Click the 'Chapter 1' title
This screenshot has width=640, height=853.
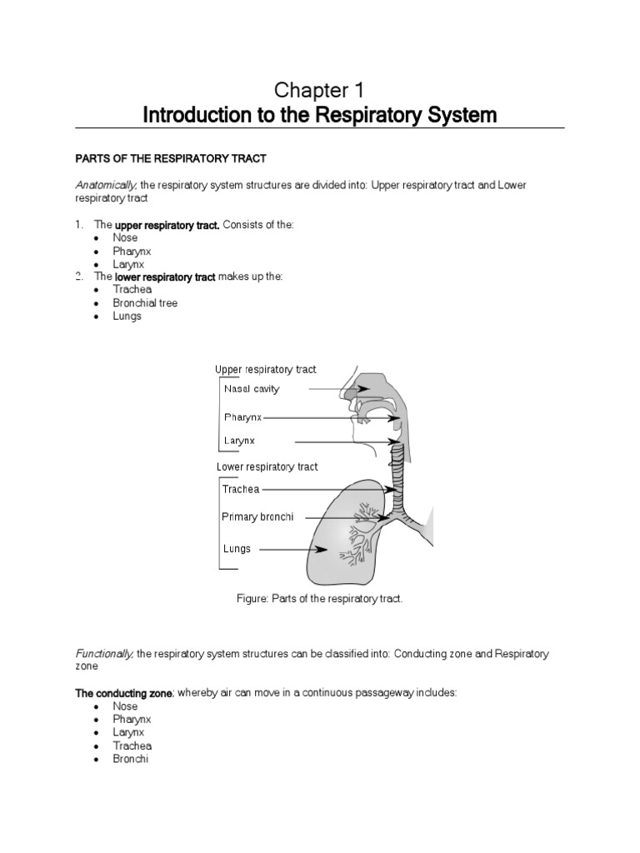pyautogui.click(x=320, y=89)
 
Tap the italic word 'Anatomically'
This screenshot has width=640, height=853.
pyautogui.click(x=107, y=184)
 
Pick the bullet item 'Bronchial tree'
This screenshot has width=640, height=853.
pyautogui.click(x=145, y=303)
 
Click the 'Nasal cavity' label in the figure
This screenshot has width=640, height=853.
pyautogui.click(x=252, y=389)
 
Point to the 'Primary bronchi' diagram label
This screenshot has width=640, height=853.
pyautogui.click(x=257, y=517)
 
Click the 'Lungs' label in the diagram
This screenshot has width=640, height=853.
pyautogui.click(x=237, y=549)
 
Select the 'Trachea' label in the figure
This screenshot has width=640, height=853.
pyautogui.click(x=241, y=489)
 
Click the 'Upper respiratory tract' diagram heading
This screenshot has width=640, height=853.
pyautogui.click(x=265, y=370)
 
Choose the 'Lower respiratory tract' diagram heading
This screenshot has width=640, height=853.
pyautogui.click(x=267, y=467)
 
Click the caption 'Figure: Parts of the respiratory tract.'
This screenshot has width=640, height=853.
pyautogui.click(x=320, y=599)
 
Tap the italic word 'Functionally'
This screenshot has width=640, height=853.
pyautogui.click(x=105, y=655)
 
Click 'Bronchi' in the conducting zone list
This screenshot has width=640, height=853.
pyautogui.click(x=131, y=760)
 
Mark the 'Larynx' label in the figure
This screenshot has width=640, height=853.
pyautogui.click(x=239, y=441)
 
